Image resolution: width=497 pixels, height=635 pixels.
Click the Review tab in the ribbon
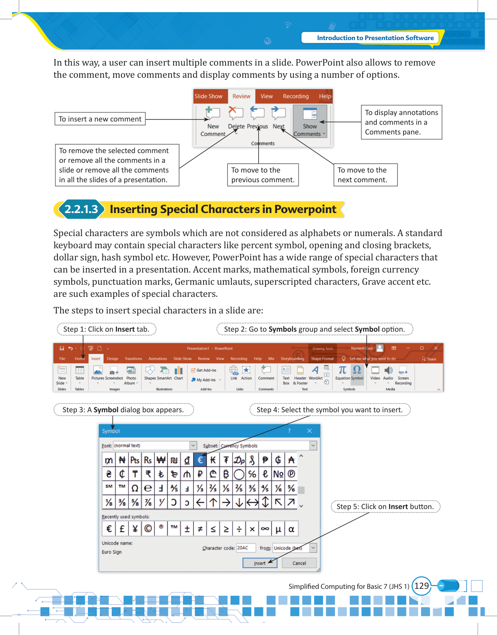(241, 96)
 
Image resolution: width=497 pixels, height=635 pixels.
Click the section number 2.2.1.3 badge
(81, 209)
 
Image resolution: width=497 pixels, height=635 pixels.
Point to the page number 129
(421, 586)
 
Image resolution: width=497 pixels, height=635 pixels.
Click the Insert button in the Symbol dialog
(260, 563)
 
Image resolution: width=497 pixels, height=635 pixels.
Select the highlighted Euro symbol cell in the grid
(200, 460)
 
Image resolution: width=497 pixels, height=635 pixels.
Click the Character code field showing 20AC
(246, 548)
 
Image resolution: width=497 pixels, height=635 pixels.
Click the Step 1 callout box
(106, 329)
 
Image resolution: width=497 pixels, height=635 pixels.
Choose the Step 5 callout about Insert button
(385, 507)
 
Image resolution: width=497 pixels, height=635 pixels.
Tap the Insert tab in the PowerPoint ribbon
(96, 359)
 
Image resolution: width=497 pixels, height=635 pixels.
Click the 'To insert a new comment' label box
(100, 119)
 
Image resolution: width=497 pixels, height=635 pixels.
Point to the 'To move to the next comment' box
(365, 175)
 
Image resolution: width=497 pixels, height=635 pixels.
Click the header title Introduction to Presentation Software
(375, 38)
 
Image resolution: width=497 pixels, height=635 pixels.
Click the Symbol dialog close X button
(310, 431)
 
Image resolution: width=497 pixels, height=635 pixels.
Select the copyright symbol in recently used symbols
(148, 528)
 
